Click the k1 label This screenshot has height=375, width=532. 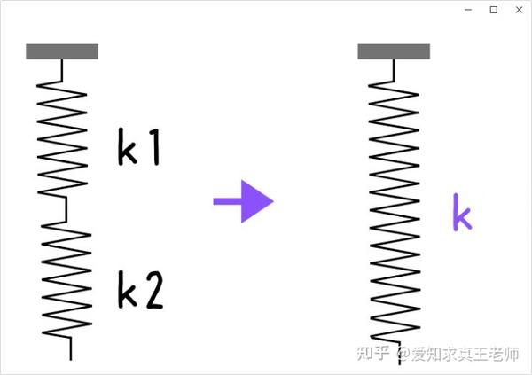(138, 148)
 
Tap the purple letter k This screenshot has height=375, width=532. (461, 212)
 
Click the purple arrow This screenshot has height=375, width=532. (244, 201)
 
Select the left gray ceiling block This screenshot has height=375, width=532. (62, 51)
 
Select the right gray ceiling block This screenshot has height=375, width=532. (394, 51)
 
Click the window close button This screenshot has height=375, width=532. (519, 9)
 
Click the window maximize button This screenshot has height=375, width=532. (494, 9)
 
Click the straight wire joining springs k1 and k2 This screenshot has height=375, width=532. (66, 209)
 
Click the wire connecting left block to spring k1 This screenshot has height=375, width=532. (62, 67)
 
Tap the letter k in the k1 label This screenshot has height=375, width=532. (127, 148)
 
